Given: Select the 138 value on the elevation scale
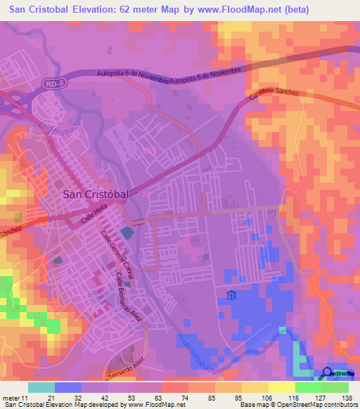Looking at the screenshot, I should pyautogui.click(x=347, y=398).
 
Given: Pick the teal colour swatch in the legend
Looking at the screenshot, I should pyautogui.click(x=41, y=387).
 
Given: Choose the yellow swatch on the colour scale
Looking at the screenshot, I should pyautogui.click(x=282, y=387).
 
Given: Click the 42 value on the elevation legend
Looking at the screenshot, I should pyautogui.click(x=103, y=398).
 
